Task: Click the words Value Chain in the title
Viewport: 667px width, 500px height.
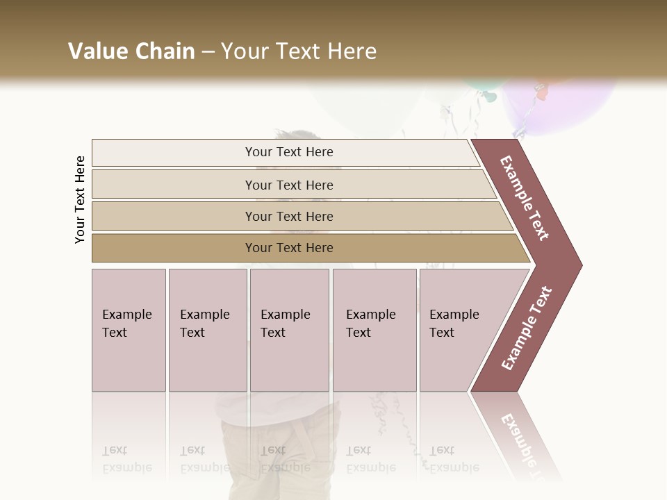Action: coord(131,51)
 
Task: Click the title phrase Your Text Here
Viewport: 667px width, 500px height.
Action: coord(299,51)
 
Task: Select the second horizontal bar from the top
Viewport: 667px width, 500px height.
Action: coord(289,185)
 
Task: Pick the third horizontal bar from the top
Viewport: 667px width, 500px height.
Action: coord(289,216)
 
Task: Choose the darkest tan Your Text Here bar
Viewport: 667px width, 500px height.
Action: coord(289,248)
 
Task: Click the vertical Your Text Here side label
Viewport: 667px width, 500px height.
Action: coord(80,199)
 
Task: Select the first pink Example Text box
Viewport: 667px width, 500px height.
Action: coord(129,330)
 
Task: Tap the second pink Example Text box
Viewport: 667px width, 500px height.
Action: coord(207,330)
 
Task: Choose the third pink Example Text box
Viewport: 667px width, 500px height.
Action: coord(289,330)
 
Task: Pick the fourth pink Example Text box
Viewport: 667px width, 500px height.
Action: coord(374,330)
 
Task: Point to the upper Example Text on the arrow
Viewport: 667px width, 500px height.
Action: coord(525,198)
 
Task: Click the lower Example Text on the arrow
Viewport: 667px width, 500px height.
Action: coord(527,328)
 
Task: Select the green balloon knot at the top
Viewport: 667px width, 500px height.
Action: coord(490,96)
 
